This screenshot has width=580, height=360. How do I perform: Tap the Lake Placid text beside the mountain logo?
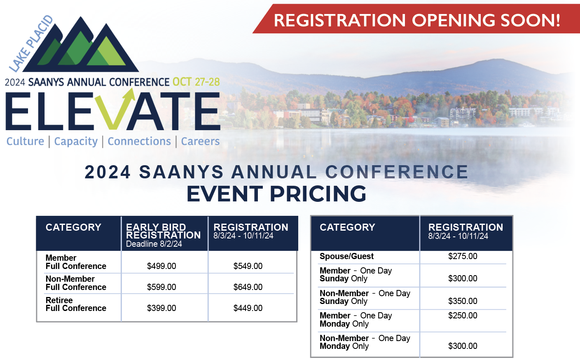coord(31,44)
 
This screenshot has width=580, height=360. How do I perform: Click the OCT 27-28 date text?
coord(196,82)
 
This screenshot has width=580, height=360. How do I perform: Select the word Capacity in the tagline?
coord(76,141)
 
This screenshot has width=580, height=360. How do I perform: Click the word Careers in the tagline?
coord(200,141)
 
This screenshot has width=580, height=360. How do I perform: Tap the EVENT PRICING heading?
coord(276,194)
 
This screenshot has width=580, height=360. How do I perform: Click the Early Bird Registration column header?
coord(164,231)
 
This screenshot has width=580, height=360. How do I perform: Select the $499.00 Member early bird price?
coord(161,266)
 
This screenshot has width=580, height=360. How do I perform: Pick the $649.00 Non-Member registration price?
coord(248,287)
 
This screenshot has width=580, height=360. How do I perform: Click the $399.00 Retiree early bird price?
coord(161,308)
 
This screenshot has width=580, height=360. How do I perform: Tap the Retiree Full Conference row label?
coord(76,304)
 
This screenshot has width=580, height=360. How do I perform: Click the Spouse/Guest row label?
coord(346,256)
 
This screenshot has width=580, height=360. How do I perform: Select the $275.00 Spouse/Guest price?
coord(463,256)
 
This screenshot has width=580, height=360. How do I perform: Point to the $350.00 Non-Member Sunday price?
coord(463,301)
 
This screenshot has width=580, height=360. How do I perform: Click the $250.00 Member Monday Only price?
coord(463,316)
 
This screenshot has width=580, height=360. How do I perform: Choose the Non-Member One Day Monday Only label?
coord(365,342)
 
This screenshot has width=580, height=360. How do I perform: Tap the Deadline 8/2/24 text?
coord(154,244)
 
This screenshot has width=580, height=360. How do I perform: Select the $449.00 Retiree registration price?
coord(248,308)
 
